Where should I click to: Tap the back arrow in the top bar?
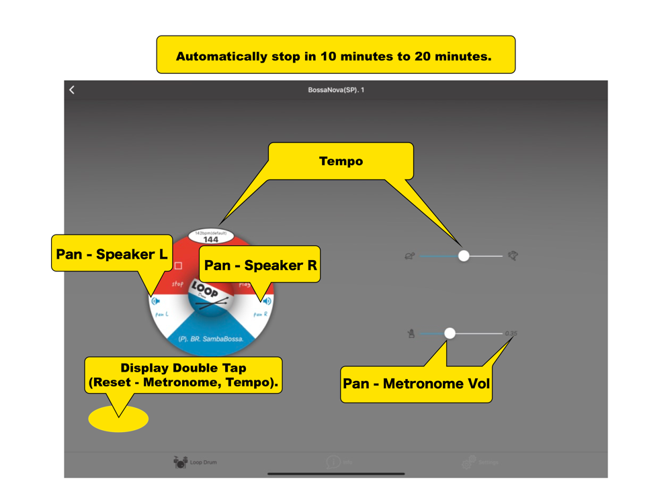72,89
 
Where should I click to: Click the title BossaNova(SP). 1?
336,89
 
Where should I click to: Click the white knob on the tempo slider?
464,255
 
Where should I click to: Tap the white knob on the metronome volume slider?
450,333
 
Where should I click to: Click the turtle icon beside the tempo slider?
409,256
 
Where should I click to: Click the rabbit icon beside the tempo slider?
513,255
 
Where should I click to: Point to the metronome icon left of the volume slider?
411,333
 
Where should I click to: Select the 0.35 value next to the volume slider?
511,333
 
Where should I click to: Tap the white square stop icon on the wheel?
178,265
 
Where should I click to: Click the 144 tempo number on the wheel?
210,239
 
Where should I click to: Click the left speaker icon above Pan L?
156,300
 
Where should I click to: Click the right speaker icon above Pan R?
267,301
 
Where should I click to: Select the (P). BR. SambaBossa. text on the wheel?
210,339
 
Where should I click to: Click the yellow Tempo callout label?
341,161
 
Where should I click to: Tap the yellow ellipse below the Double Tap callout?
118,419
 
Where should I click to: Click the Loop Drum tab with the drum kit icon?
195,462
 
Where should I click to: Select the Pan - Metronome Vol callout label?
416,384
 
